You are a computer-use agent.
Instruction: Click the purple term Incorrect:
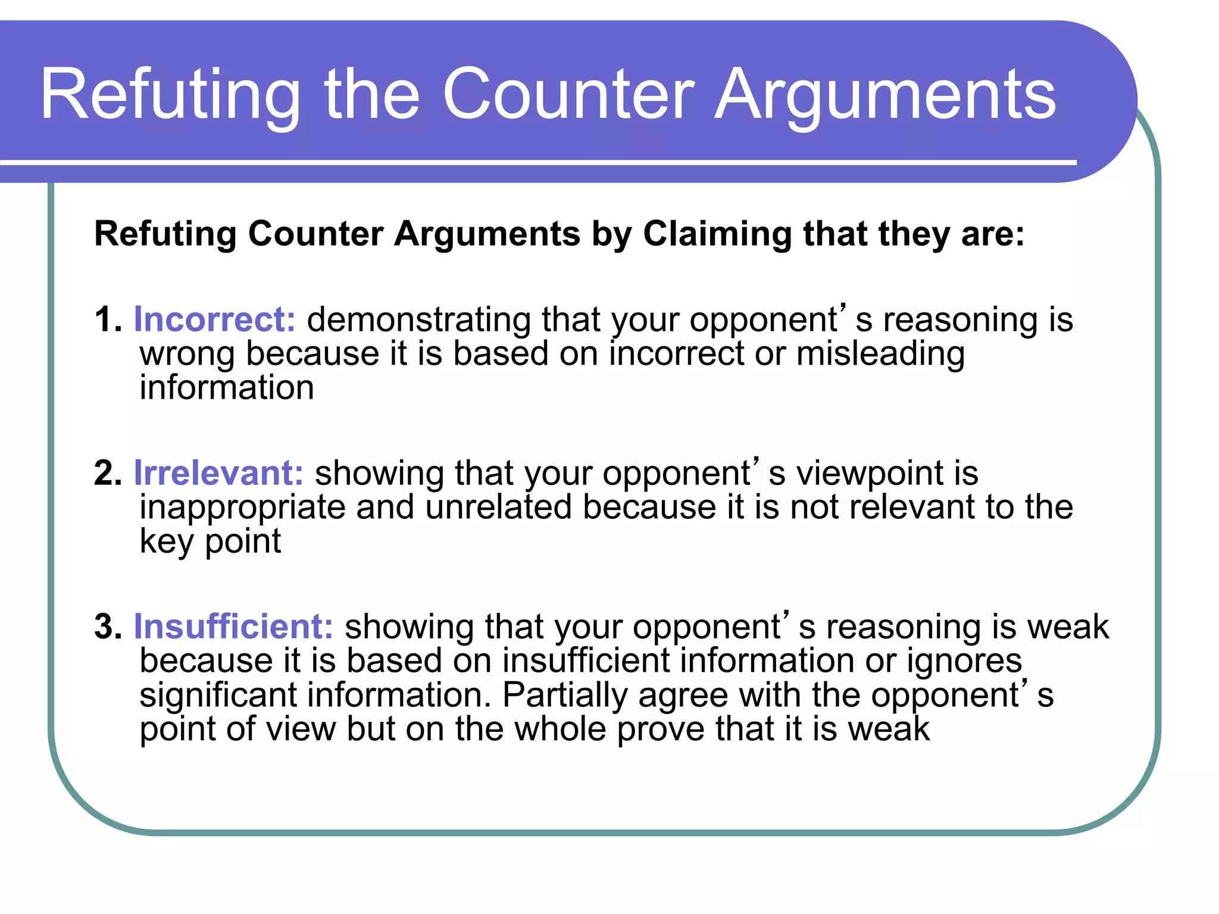point(214,320)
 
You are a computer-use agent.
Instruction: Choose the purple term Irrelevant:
point(218,473)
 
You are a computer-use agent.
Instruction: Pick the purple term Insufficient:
point(233,627)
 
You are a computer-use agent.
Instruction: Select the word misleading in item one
point(880,354)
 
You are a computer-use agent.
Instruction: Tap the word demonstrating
point(418,320)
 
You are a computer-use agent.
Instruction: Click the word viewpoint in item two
point(870,474)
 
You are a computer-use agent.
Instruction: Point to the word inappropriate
point(242,508)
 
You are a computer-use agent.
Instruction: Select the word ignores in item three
point(964,662)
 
